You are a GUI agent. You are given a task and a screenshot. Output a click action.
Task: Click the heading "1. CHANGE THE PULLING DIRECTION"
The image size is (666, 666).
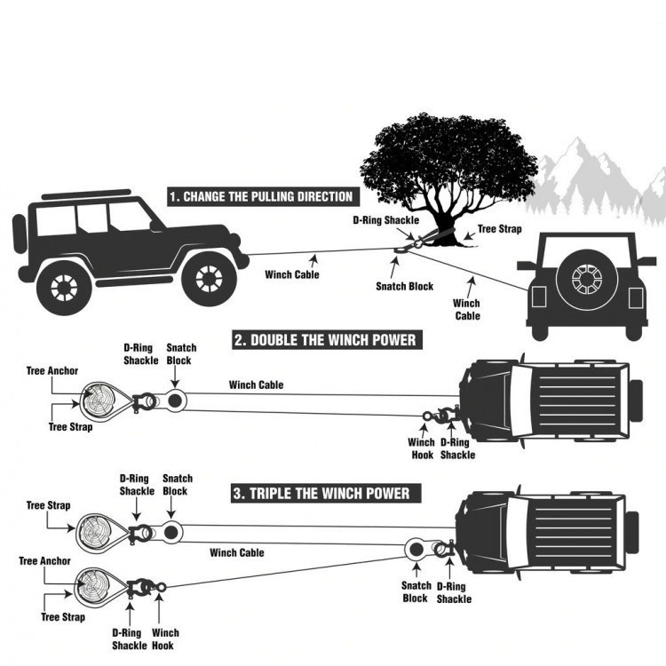tap(260, 196)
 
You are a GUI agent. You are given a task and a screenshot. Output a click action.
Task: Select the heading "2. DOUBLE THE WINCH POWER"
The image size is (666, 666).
tap(324, 339)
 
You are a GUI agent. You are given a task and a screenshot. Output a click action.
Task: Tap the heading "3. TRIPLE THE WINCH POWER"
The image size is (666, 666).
tap(321, 493)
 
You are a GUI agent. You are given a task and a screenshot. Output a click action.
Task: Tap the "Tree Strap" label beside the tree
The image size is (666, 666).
tap(499, 229)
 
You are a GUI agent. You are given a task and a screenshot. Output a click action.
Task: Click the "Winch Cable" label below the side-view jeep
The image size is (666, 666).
tap(291, 274)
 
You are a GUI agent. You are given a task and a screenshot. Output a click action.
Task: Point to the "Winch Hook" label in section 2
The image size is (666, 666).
tap(421, 448)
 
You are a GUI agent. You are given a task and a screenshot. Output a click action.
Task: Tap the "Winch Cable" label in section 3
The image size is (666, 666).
tap(237, 552)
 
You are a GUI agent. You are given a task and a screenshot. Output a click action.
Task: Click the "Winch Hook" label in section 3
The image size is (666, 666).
tap(163, 638)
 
